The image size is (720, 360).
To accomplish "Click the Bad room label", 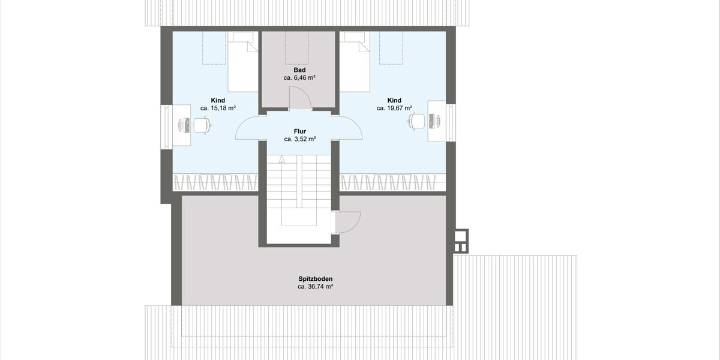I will click(299, 70).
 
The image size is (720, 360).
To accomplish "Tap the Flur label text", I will click(300, 130).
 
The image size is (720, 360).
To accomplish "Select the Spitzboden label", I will click(315, 279).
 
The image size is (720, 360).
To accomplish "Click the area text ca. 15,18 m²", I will click(218, 108).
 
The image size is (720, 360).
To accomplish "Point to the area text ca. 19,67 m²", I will click(394, 108).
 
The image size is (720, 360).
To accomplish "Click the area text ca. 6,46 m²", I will click(299, 78).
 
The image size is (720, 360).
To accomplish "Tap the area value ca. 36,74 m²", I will click(315, 287).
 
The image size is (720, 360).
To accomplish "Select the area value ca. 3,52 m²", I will click(300, 138).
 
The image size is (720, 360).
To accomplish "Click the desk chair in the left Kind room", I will click(202, 125).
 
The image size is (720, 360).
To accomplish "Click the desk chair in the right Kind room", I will click(416, 121).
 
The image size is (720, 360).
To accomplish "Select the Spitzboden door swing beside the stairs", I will click(348, 223).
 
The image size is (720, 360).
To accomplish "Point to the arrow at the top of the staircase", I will click(281, 159).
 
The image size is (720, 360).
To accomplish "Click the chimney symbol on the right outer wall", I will click(461, 241).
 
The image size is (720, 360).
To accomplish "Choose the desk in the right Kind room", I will click(436, 121).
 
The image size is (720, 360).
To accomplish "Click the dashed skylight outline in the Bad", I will click(296, 48).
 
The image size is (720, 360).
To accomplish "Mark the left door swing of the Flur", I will click(247, 128).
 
